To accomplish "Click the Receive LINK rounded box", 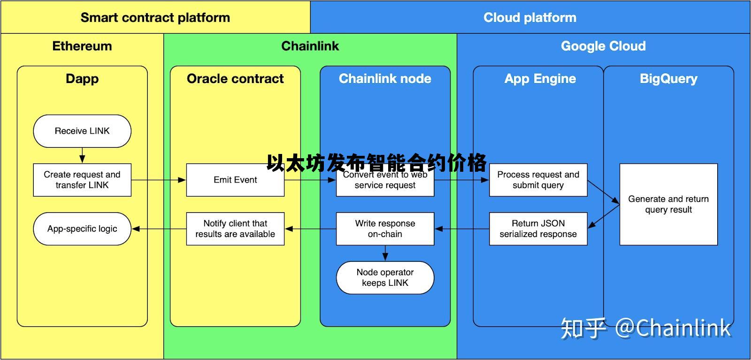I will [82, 131].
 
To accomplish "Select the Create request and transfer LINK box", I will [82, 180].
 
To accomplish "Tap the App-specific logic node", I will [82, 229].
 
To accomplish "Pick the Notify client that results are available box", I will [235, 229].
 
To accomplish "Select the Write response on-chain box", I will [385, 229].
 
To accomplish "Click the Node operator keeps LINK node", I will [385, 277].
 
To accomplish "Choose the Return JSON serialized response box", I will [538, 229].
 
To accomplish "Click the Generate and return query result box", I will [668, 204].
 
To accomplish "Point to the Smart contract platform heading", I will [155, 17].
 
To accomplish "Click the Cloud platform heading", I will [529, 17].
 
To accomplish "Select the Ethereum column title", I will [82, 46].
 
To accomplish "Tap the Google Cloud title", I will [603, 46].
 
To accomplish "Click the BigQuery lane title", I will [668, 78].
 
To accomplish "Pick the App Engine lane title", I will [540, 78].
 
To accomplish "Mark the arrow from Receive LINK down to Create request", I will [82, 155].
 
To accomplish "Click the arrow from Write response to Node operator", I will [385, 253].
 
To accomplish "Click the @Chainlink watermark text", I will [673, 328].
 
